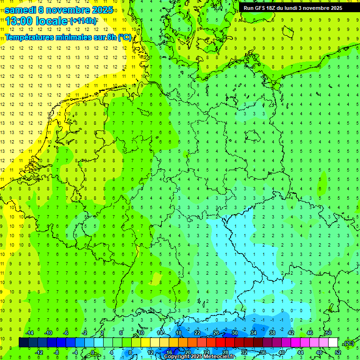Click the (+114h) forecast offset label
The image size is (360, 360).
tap(83, 21)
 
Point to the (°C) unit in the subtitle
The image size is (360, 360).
tap(125, 37)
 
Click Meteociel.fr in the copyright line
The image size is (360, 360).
tap(220, 357)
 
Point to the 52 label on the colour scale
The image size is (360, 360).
tap(338, 352)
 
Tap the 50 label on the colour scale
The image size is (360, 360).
tap(329, 333)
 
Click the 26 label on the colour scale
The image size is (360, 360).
tap(216, 333)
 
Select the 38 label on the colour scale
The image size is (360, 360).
tap(272, 333)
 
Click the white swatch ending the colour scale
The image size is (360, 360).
tap(333, 343)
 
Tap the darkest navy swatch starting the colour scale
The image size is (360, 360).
tap(23, 343)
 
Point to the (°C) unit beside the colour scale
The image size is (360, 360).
tap(348, 343)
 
